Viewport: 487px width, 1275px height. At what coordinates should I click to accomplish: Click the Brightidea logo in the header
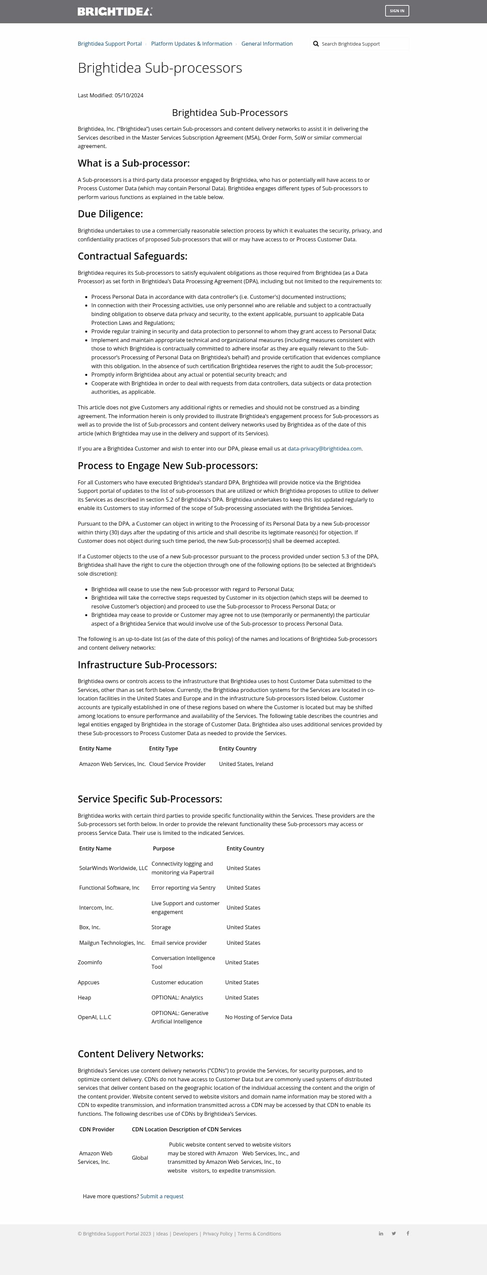tap(114, 11)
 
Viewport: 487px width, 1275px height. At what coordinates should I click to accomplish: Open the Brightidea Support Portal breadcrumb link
tap(110, 44)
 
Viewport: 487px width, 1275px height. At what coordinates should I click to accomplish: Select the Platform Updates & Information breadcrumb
tap(191, 44)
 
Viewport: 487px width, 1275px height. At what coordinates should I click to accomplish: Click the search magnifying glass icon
tap(316, 44)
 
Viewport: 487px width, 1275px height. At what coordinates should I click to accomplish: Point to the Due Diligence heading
tap(110, 214)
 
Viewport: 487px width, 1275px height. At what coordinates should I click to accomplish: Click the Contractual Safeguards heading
tap(132, 256)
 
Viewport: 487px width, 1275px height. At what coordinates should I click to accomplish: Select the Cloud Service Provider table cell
tap(177, 764)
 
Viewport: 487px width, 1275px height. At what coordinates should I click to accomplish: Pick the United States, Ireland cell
tap(246, 764)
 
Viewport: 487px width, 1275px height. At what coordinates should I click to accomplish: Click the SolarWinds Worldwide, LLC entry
tap(113, 868)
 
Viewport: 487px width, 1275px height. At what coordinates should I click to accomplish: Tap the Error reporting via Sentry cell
tap(183, 887)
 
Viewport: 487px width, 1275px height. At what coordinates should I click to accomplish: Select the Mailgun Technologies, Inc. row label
tap(112, 942)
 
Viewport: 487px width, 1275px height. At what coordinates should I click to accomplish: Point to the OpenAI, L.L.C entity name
tap(94, 1017)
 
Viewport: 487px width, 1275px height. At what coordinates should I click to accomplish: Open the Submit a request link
tap(162, 1196)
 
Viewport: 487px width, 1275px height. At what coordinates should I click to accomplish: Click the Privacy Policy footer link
tap(217, 1233)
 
